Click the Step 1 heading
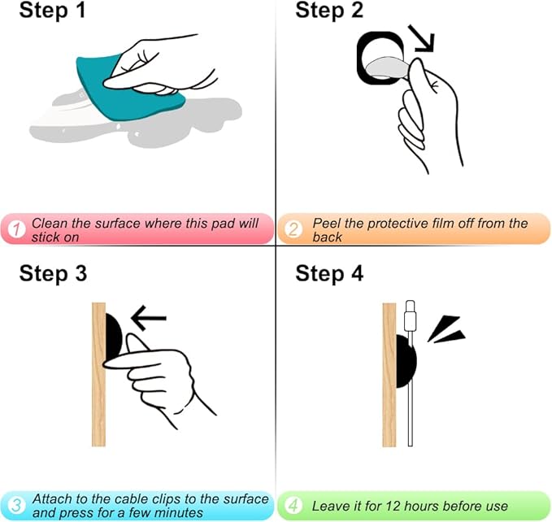(53, 10)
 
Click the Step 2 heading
(329, 10)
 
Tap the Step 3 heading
(53, 273)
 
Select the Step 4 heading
(329, 273)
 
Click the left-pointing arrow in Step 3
(149, 318)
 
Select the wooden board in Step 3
(98, 375)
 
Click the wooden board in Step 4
(389, 375)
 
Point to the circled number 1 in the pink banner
(16, 229)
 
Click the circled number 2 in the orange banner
(293, 229)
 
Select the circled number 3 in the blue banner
(16, 506)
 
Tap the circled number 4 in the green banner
(293, 506)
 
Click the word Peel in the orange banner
(326, 223)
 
